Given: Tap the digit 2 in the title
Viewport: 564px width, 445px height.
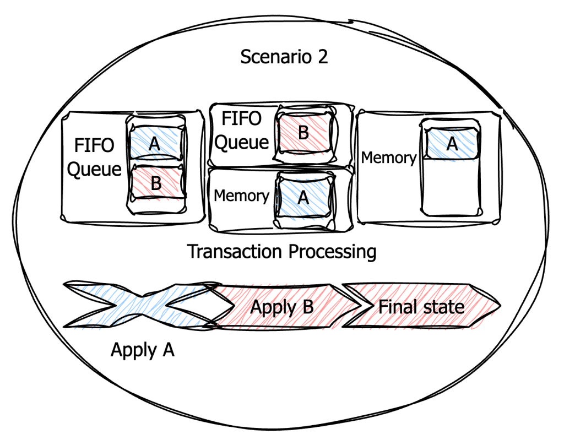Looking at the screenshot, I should click(322, 57).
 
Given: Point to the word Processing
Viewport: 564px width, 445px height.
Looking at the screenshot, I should click(332, 252).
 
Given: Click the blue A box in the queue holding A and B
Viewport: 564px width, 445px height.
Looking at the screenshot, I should click(155, 144).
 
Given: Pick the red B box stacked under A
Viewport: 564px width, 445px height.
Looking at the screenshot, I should click(156, 182).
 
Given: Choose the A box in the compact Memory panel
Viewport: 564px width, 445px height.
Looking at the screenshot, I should click(303, 197).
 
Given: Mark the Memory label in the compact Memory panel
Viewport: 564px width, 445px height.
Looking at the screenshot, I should click(241, 196).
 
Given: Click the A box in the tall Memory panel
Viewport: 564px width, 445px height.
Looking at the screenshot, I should click(452, 144).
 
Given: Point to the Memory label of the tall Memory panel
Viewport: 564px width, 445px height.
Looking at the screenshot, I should click(388, 158).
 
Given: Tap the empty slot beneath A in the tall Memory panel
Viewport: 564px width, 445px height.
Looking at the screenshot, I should click(452, 187).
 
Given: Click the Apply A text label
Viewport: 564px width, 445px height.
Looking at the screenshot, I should click(142, 350).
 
